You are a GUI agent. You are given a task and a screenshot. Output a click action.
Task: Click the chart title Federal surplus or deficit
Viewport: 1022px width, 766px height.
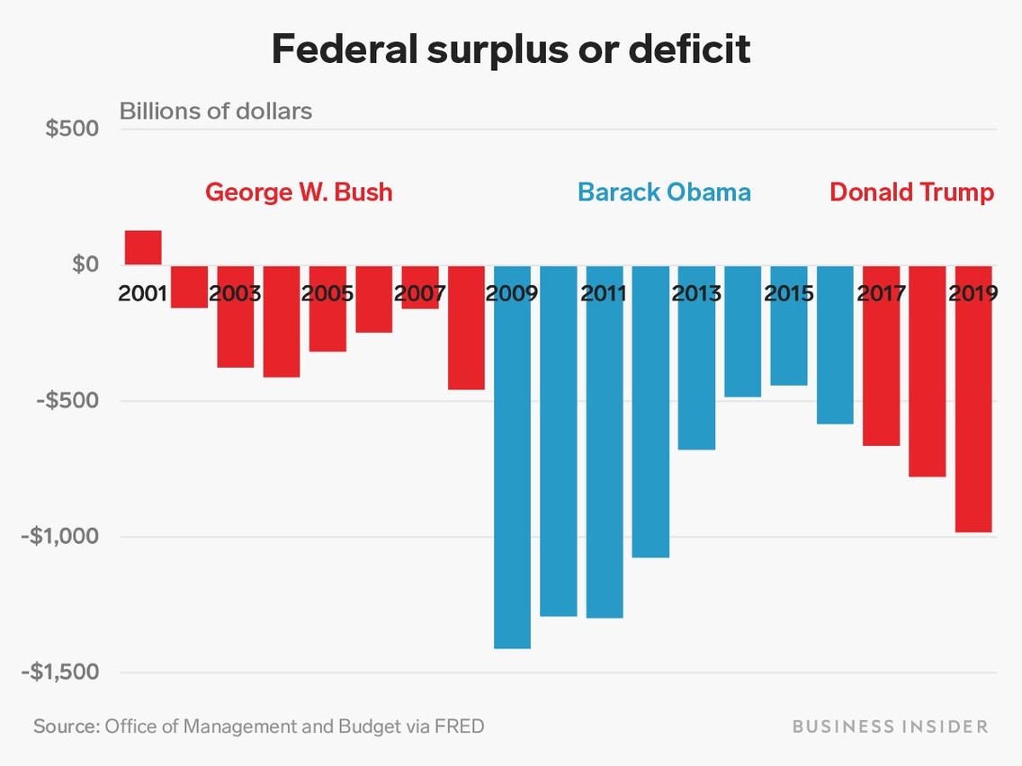click(510, 50)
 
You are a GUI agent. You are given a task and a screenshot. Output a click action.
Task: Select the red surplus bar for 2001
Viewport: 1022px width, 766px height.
click(143, 247)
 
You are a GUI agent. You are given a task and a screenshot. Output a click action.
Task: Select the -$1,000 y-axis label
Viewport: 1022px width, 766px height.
click(60, 537)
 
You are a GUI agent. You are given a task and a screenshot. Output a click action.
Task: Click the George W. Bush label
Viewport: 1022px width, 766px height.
click(299, 192)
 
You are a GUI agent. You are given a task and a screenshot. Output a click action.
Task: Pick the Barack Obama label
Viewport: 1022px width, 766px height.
click(664, 192)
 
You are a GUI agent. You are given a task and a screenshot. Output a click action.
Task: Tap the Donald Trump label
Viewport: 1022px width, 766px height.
click(911, 192)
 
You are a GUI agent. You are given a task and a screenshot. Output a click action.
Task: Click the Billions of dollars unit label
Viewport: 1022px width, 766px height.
click(216, 111)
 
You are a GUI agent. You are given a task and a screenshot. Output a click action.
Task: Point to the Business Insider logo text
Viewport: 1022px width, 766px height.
click(890, 726)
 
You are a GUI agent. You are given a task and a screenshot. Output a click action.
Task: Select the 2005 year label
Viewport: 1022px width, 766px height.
click(327, 293)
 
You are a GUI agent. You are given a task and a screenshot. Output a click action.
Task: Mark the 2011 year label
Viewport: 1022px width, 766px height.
click(604, 293)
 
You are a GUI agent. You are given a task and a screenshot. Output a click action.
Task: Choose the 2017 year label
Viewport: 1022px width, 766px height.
click(881, 293)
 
